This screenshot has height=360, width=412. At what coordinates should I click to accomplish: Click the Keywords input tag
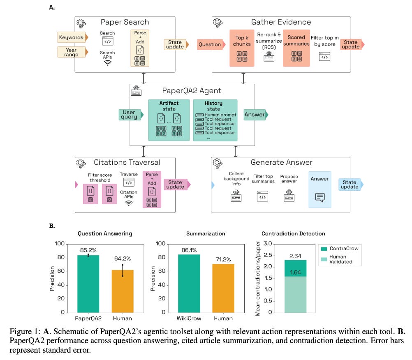71,37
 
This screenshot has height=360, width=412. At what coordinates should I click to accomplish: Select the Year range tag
71,52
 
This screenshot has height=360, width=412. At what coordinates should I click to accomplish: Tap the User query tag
129,115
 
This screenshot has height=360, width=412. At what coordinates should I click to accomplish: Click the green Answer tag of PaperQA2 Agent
255,115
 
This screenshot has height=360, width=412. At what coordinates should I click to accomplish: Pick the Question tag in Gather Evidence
210,44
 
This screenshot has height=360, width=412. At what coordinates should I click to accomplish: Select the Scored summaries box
296,48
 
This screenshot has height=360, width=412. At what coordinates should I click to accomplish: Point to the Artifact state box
169,120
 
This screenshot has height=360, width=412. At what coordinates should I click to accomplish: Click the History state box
215,120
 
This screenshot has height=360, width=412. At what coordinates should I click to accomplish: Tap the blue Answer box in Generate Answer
319,189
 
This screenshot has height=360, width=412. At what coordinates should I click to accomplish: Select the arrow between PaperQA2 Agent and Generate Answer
236,151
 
